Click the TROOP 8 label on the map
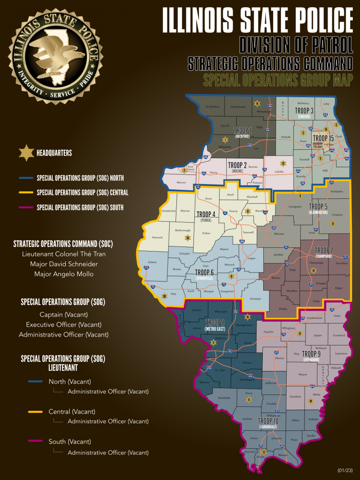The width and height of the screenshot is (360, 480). coord(215,322)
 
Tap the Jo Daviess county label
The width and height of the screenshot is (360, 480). coord(211,107)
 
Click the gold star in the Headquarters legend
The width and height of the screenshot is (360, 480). coord(26,153)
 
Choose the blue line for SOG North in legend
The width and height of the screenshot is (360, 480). coord(26,178)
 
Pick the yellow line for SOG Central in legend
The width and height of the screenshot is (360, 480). coord(26,193)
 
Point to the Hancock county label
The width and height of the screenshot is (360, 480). coord(157,238)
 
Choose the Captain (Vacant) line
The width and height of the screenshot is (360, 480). coord(63,314)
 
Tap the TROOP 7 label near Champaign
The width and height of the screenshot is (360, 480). coord(324,250)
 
